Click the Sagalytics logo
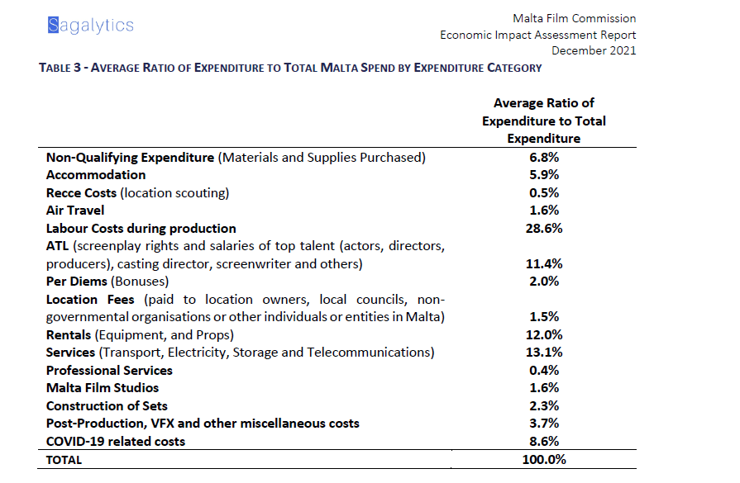click(91, 26)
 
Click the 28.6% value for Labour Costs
click(543, 228)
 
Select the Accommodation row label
click(96, 174)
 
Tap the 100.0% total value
click(543, 459)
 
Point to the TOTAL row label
click(64, 460)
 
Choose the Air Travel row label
click(75, 210)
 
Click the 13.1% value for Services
click(543, 353)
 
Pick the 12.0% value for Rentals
click(543, 334)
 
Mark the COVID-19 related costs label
click(116, 441)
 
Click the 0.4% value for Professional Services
click(543, 370)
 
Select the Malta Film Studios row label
click(103, 387)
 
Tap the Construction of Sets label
click(107, 405)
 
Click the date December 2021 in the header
click(594, 50)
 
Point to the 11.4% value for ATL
click(543, 263)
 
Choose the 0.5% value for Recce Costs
click(543, 192)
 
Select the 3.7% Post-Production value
click(543, 423)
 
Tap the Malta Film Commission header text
click(575, 18)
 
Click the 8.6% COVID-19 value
click(543, 441)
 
